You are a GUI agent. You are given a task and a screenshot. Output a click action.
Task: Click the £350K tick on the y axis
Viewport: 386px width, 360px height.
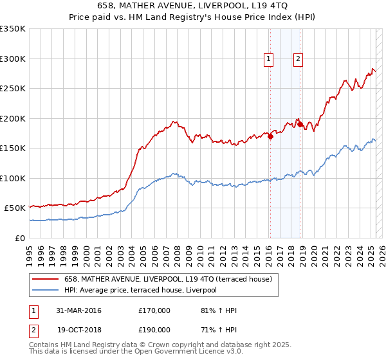tap(13, 29)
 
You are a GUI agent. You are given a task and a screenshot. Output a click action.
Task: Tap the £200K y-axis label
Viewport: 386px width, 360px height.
tap(13, 118)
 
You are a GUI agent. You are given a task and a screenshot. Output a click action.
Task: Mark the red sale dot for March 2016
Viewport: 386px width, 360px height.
tap(271, 136)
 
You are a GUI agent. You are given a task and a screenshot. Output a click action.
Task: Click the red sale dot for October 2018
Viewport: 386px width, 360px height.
tap(300, 124)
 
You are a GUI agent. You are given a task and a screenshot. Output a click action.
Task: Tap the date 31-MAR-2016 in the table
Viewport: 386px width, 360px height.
tap(79, 310)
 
